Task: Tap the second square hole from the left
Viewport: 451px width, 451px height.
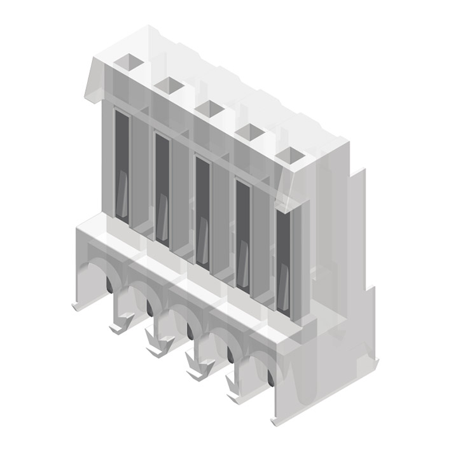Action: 169,85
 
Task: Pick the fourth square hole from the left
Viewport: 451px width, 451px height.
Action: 250,132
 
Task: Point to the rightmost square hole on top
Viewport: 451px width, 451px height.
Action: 291,155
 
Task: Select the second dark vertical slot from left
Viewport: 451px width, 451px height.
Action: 162,188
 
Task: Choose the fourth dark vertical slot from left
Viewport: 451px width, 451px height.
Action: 242,234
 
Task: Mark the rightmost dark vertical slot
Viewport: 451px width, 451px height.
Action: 283,258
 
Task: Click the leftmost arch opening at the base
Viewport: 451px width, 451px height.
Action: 97,277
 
